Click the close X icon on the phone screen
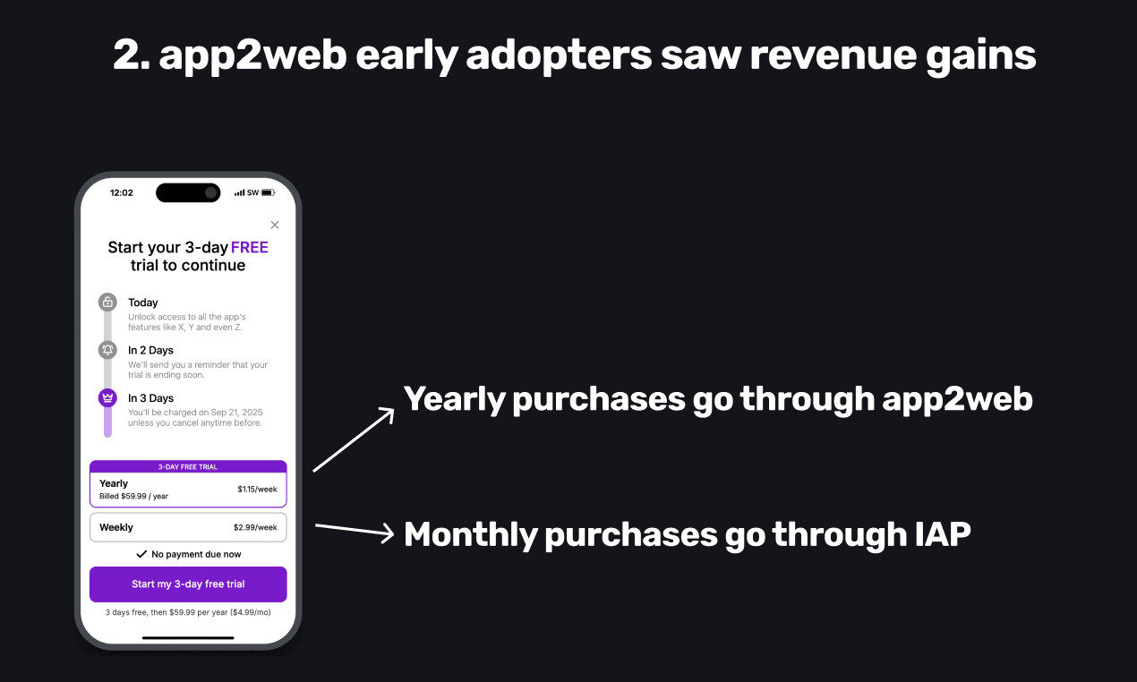(x=275, y=225)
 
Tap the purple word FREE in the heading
(x=249, y=247)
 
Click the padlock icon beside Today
(x=107, y=302)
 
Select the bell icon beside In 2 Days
(x=107, y=350)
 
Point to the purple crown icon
(x=107, y=398)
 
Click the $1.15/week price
(x=257, y=490)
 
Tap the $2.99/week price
(x=255, y=528)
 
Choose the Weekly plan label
(x=116, y=528)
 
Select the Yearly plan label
(x=114, y=483)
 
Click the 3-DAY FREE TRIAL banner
(x=188, y=467)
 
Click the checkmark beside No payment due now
(x=141, y=554)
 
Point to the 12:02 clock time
(x=122, y=192)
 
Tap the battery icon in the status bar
(x=268, y=192)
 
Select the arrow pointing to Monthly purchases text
(x=355, y=531)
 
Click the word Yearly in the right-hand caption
(x=454, y=399)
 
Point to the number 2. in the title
(x=132, y=55)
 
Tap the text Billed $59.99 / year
(x=133, y=496)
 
